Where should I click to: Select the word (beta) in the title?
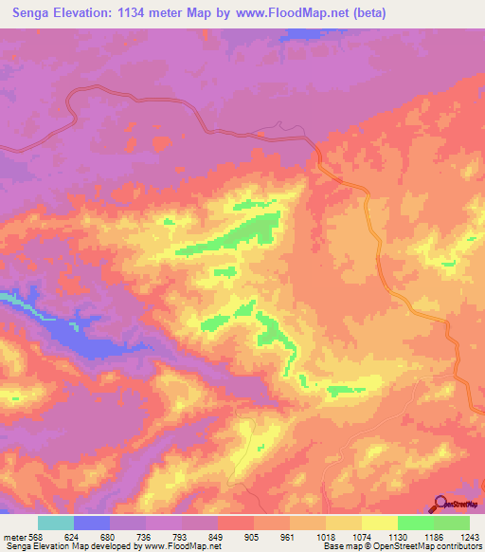point(365,14)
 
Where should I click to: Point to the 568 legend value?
point(38,537)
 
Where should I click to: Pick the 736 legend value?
point(146,537)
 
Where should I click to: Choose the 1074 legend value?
point(361,537)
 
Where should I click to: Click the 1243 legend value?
point(469,537)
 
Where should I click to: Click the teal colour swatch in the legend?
point(56,523)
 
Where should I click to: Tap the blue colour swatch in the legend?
point(92,523)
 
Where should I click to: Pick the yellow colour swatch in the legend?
point(379,523)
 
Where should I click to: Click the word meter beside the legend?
point(14,537)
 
